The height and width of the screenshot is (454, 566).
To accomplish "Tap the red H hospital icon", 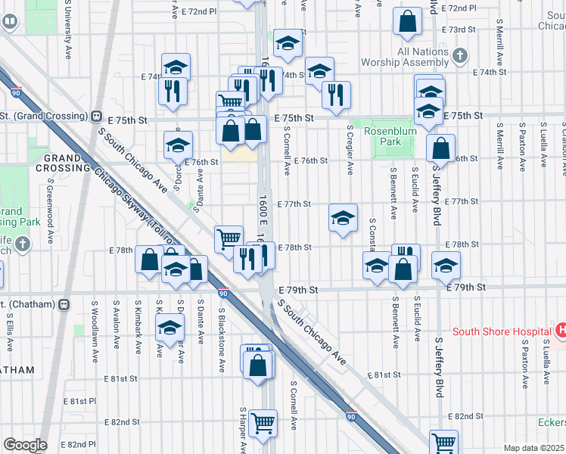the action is point(561,330).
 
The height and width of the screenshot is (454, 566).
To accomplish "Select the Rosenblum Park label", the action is point(382,136).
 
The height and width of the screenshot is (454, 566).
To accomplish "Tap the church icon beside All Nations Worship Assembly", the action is point(460,54).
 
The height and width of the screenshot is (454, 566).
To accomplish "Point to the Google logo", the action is point(24,445).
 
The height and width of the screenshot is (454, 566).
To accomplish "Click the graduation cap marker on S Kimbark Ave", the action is point(169,327).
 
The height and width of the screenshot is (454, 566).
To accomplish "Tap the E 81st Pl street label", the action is point(79,400).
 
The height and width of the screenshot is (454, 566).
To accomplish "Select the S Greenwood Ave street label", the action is point(49,204).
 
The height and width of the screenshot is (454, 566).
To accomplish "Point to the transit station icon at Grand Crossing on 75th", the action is point(96,117).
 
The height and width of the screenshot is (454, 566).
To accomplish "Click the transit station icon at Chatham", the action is point(64,304).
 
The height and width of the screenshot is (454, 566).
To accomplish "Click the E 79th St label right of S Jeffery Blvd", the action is point(465,288).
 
